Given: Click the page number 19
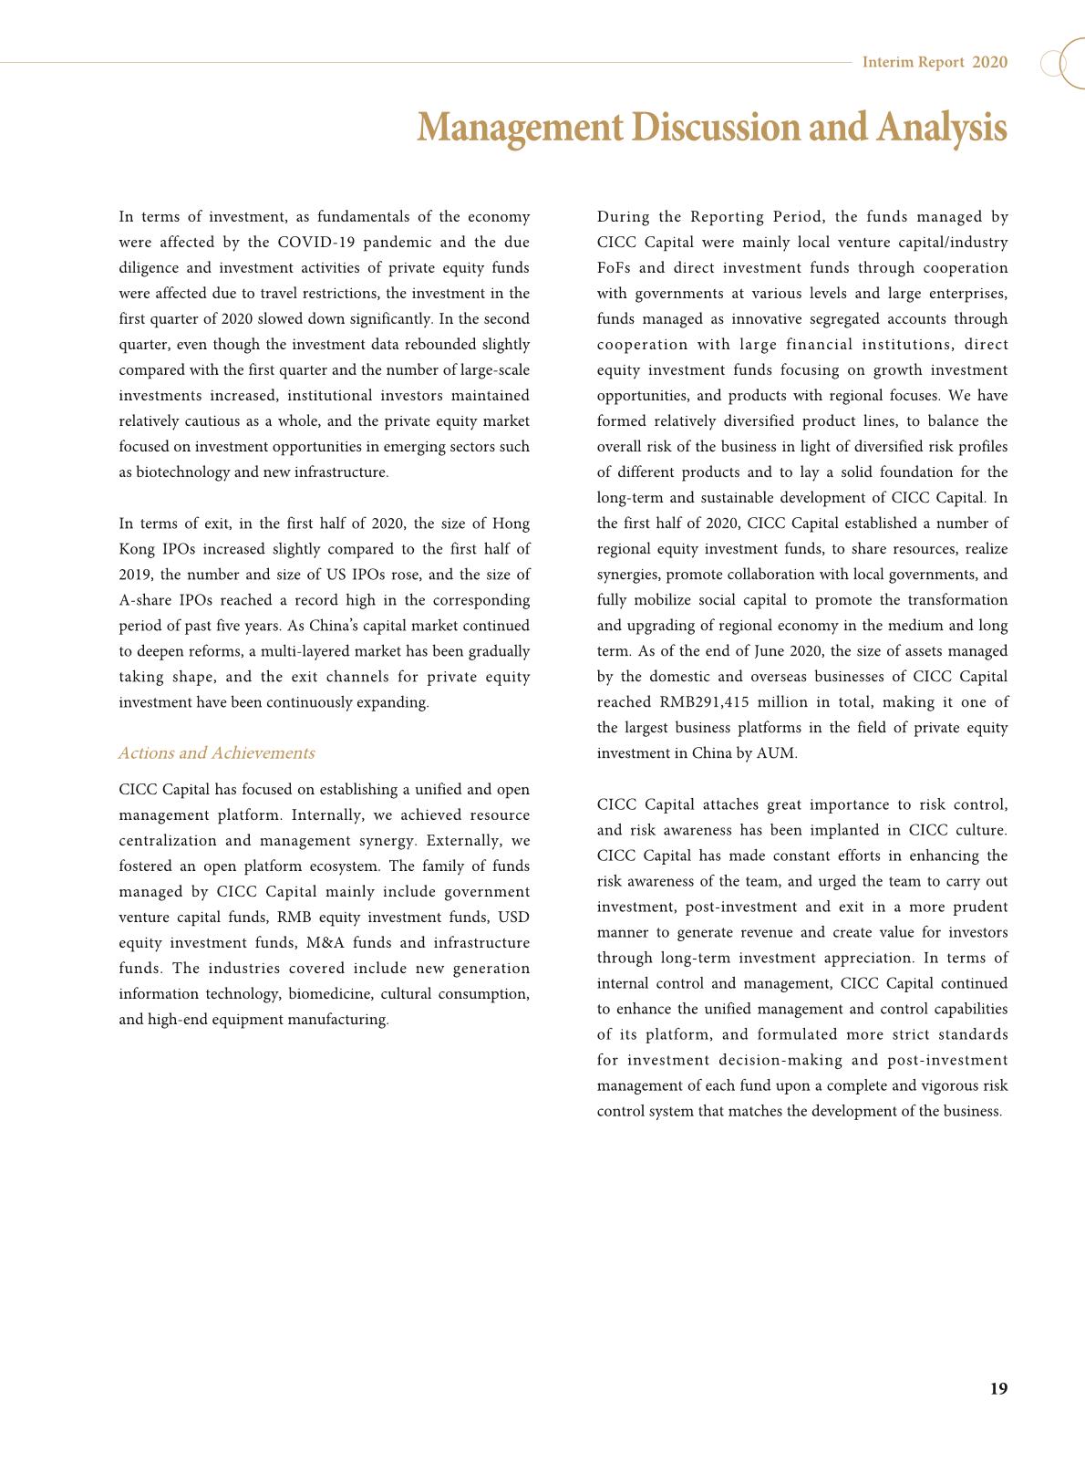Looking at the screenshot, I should point(998,1389).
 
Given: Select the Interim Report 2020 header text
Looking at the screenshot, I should point(935,62).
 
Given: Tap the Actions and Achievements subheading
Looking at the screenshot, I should point(216,752).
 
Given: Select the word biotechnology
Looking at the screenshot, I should point(175,472).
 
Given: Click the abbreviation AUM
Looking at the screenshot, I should point(777,753).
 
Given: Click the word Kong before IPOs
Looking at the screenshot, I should point(138,549).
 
